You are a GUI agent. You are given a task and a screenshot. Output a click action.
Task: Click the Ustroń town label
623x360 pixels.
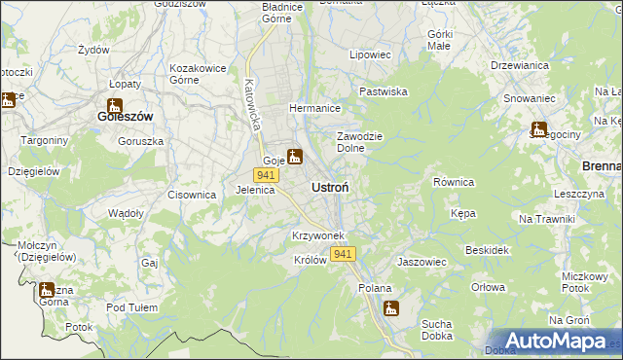331,186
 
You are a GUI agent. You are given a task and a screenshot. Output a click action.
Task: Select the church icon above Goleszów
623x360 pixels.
115,105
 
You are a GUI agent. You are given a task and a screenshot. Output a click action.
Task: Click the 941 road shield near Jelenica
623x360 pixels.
264,174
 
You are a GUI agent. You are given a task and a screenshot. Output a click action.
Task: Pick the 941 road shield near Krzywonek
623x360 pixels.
343,254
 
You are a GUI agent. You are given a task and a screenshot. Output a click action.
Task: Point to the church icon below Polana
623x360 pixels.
391,308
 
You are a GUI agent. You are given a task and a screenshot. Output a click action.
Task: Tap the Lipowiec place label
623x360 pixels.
370,55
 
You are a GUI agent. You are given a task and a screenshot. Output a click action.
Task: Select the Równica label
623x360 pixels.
453,182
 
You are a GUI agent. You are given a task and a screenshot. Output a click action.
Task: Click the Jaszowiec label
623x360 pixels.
421,262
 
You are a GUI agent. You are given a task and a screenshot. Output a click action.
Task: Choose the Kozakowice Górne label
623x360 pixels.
199,74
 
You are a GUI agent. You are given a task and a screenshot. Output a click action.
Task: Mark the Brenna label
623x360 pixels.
601,166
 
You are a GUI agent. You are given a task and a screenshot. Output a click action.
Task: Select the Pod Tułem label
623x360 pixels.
132,307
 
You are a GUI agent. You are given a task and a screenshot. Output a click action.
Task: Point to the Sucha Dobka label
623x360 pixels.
440,330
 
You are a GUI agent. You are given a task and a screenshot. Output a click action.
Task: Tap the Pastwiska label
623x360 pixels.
384,91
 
